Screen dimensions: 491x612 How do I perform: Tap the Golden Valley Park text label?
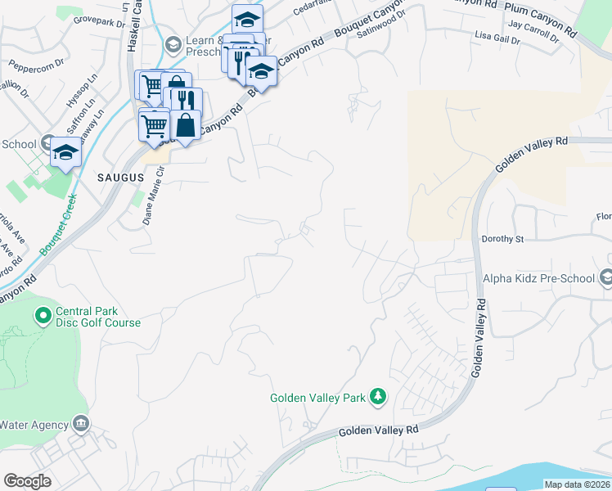pos(318,399)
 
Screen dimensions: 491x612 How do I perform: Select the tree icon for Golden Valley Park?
pos(377,398)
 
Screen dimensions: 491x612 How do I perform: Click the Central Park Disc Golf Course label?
pos(97,317)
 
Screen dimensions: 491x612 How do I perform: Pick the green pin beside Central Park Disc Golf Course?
pos(43,315)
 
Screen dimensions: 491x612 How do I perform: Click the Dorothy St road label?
pos(502,240)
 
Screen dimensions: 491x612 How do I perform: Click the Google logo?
pos(28,481)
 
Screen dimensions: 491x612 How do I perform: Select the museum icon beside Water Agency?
pos(80,423)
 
